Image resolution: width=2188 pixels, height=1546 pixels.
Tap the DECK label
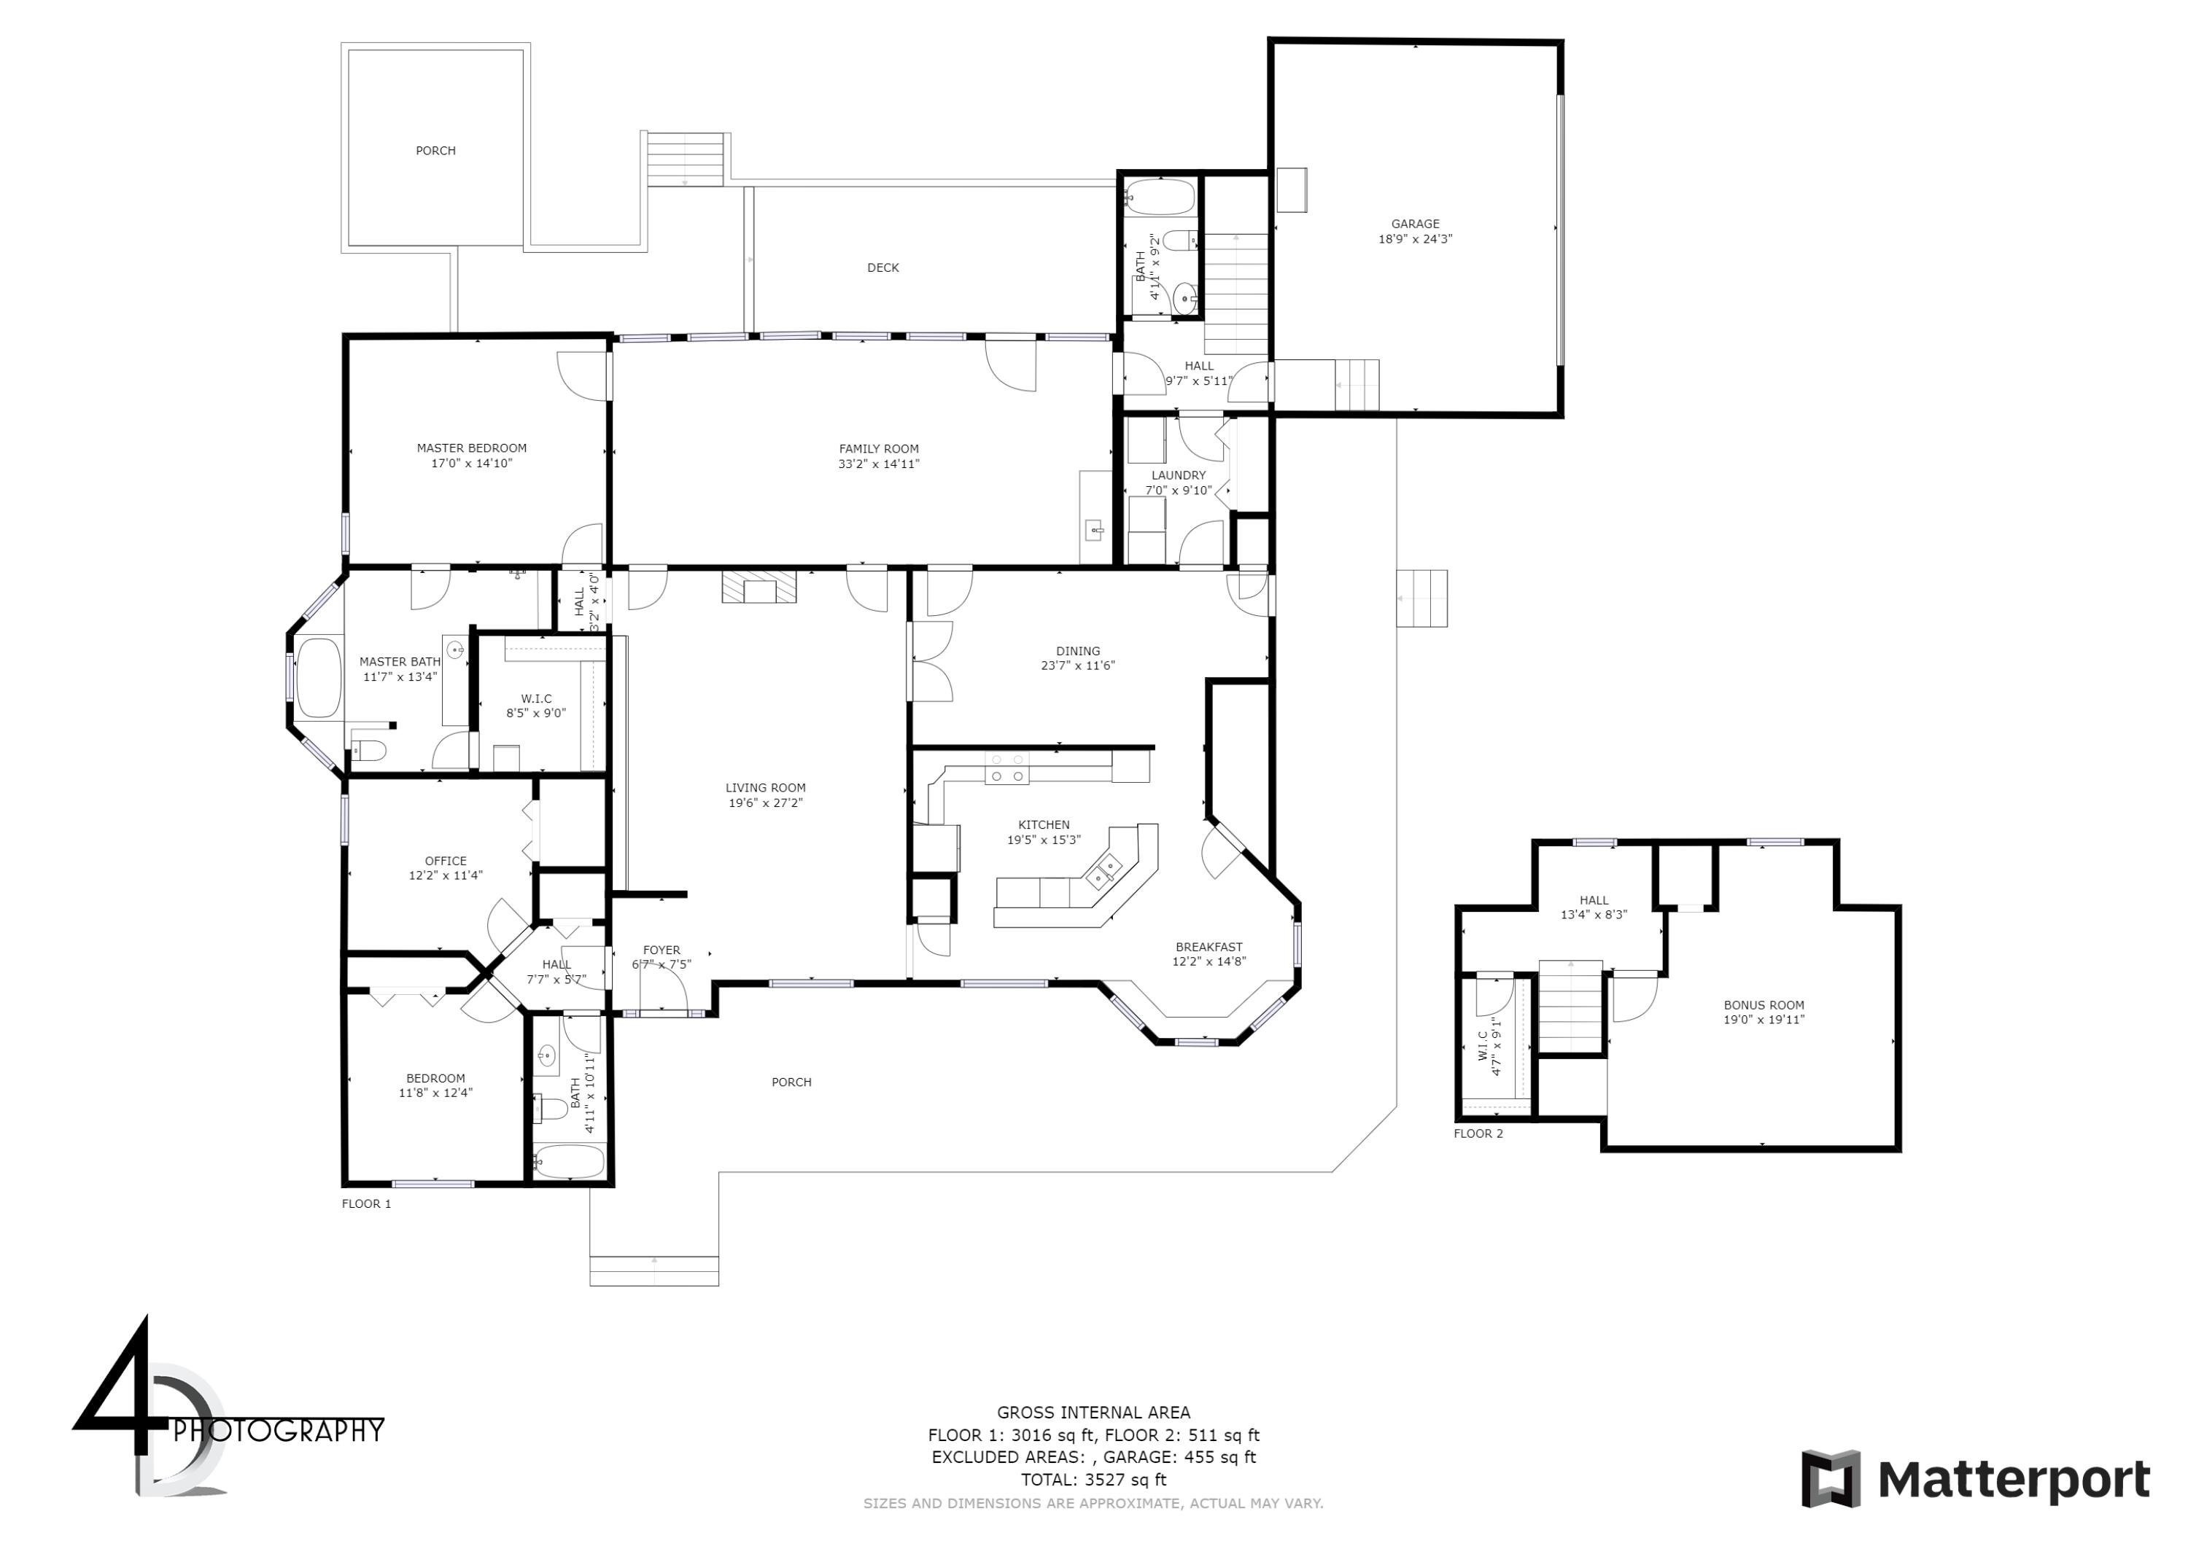[882, 268]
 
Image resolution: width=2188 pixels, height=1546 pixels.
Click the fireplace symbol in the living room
[759, 587]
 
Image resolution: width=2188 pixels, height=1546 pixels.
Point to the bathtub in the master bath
[319, 677]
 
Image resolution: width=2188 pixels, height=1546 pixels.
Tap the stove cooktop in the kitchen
[1006, 768]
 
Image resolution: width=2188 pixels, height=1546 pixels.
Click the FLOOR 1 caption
[366, 1203]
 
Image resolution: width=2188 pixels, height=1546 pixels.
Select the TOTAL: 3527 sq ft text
[1093, 1480]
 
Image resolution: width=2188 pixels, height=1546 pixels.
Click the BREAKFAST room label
[1209, 947]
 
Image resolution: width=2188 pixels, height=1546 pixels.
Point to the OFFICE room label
[445, 860]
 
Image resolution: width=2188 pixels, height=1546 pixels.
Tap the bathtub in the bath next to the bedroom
[570, 1161]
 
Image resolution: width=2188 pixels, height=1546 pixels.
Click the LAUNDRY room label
[1178, 475]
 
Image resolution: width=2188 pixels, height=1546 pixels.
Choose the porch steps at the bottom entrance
[653, 1270]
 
